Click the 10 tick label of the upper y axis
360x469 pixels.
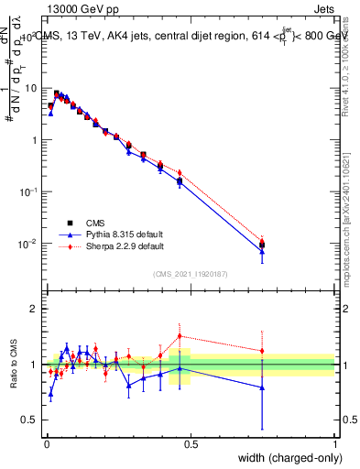pos(32,88)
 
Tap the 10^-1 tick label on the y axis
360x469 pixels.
pos(30,192)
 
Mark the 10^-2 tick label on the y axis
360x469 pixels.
pos(30,245)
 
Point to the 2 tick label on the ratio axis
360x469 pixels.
pos(35,309)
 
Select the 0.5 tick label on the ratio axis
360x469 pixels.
pos(31,420)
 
